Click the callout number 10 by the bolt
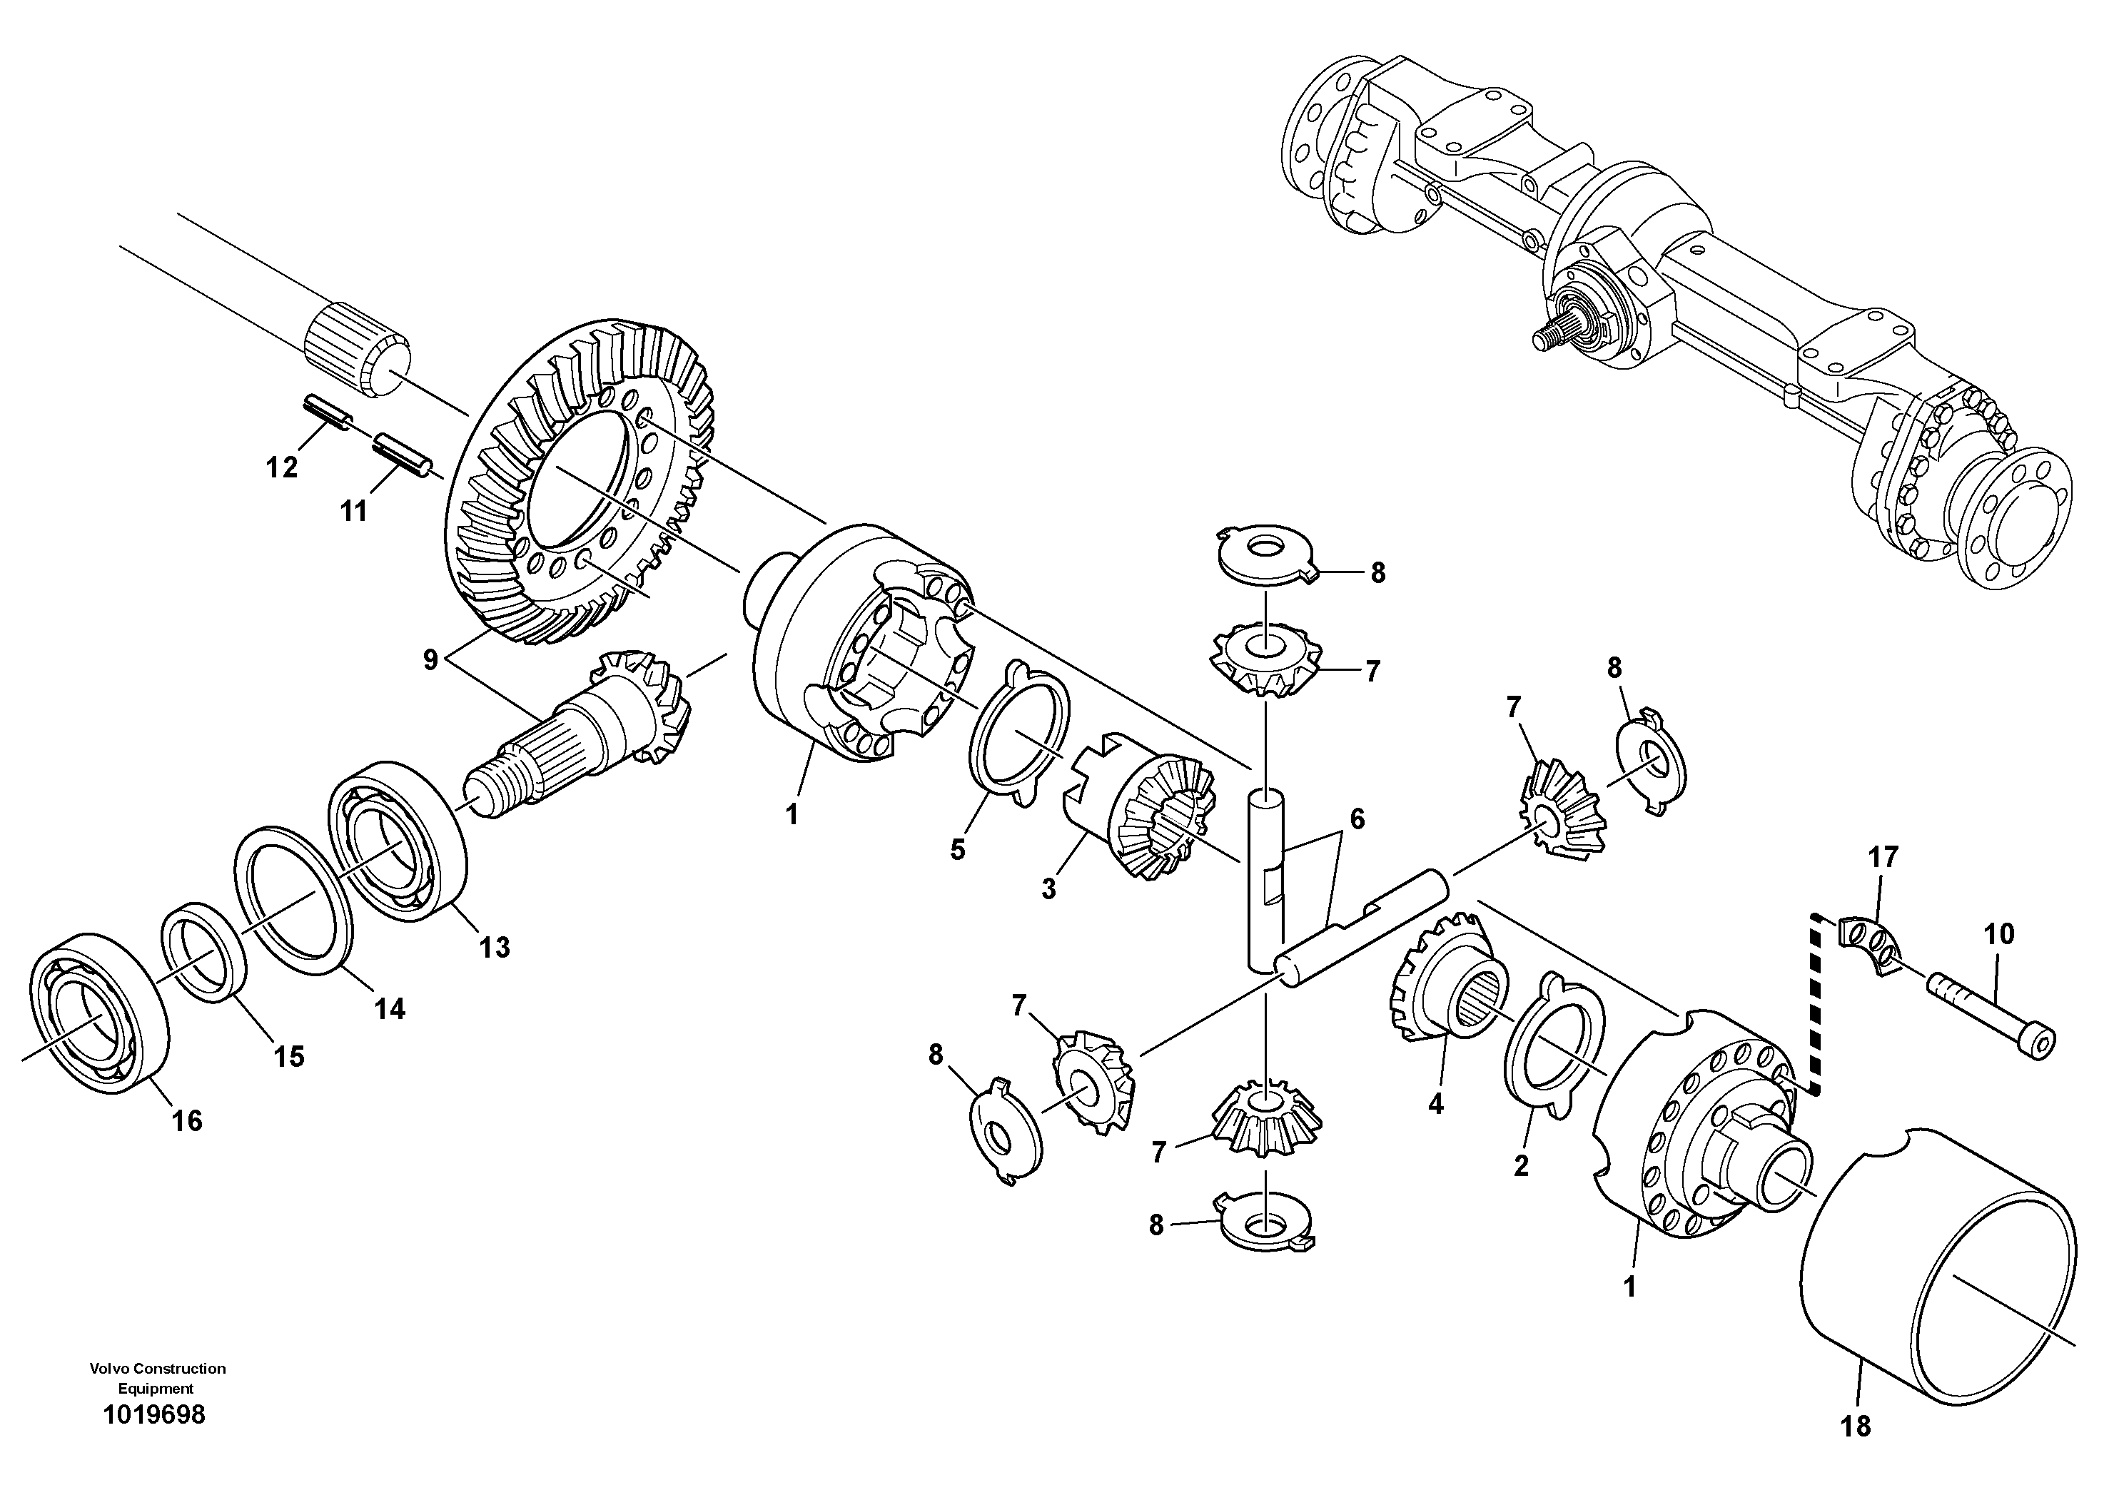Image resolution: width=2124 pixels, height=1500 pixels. (x=1999, y=934)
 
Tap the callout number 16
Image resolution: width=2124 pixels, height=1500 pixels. (x=187, y=1122)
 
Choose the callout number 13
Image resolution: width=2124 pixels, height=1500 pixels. (x=494, y=947)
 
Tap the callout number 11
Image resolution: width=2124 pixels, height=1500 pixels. (x=353, y=510)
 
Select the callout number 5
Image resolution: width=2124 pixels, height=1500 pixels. (x=958, y=849)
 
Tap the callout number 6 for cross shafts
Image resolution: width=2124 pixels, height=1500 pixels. (x=1357, y=819)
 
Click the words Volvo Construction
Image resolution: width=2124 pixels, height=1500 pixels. (x=157, y=1369)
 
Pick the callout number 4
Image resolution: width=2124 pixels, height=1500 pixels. (x=1436, y=1103)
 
